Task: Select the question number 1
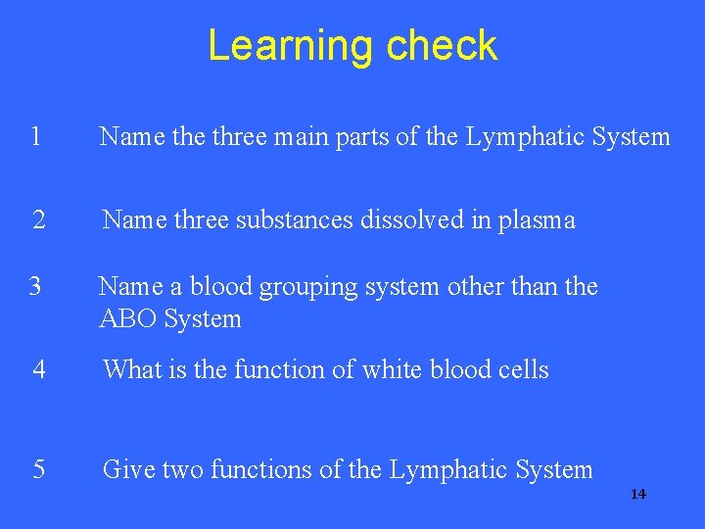coord(35,136)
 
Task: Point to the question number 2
coord(38,220)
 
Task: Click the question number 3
coord(34,286)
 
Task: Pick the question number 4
coord(38,369)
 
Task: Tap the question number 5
coord(38,469)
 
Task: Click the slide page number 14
coord(638,494)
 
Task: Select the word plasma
coord(538,221)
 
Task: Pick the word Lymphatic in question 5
coord(447,470)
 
